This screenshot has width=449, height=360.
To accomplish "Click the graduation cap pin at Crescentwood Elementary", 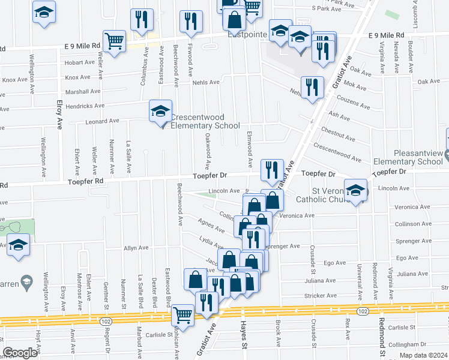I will (x=160, y=112).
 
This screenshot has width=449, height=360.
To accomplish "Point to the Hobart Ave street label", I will (x=80, y=62).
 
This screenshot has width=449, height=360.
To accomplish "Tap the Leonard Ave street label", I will (x=101, y=121).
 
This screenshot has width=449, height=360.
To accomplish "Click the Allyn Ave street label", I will (x=136, y=248).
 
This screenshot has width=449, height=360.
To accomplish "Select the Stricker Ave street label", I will (x=321, y=296).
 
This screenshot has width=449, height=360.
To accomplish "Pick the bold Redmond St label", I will (x=381, y=338).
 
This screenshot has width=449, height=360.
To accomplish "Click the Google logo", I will (x=20, y=353).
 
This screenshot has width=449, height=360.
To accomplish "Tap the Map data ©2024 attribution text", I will (x=423, y=355).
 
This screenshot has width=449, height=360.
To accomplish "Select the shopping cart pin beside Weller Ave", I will (x=113, y=41).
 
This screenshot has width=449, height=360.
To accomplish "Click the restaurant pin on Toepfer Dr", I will (x=272, y=170).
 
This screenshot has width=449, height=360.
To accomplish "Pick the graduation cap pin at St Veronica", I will (x=355, y=192).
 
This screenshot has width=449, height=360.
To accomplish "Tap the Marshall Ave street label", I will (x=83, y=92).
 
